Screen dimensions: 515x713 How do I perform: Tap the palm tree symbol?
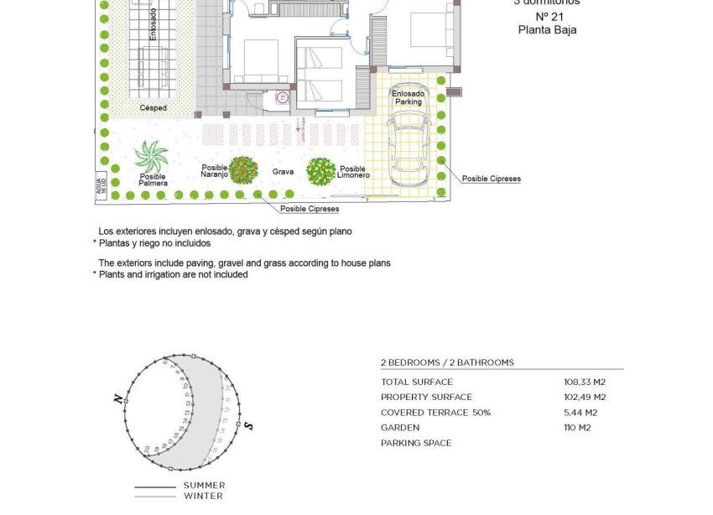click(x=152, y=157)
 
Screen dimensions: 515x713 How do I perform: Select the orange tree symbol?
click(x=243, y=170)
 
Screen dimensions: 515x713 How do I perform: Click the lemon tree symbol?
click(x=320, y=171)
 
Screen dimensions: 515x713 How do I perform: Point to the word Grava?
click(x=283, y=172)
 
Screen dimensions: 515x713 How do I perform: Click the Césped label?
click(x=153, y=108)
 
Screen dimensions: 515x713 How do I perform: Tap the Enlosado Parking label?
click(x=409, y=97)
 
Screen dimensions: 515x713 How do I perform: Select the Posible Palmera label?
click(x=153, y=179)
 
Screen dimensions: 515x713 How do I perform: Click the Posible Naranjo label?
click(x=215, y=170)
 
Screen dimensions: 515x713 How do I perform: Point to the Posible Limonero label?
click(x=353, y=172)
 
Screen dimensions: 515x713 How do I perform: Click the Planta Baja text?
click(x=547, y=29)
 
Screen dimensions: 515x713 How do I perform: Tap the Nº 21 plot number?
click(x=548, y=17)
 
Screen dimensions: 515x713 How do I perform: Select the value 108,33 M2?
click(x=585, y=382)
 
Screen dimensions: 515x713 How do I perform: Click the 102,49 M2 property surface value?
click(x=585, y=398)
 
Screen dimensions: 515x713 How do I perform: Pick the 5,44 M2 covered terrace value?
click(x=580, y=413)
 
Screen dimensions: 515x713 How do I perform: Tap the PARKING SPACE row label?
click(x=416, y=443)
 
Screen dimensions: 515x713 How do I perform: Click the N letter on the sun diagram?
click(x=118, y=399)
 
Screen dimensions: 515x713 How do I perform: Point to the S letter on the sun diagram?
click(x=249, y=426)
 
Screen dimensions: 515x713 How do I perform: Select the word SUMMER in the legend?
click(x=204, y=486)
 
